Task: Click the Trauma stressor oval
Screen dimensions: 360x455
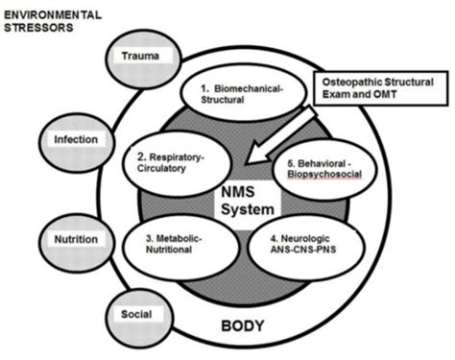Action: pyautogui.click(x=147, y=56)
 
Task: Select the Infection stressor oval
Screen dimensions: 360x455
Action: pyautogui.click(x=75, y=140)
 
